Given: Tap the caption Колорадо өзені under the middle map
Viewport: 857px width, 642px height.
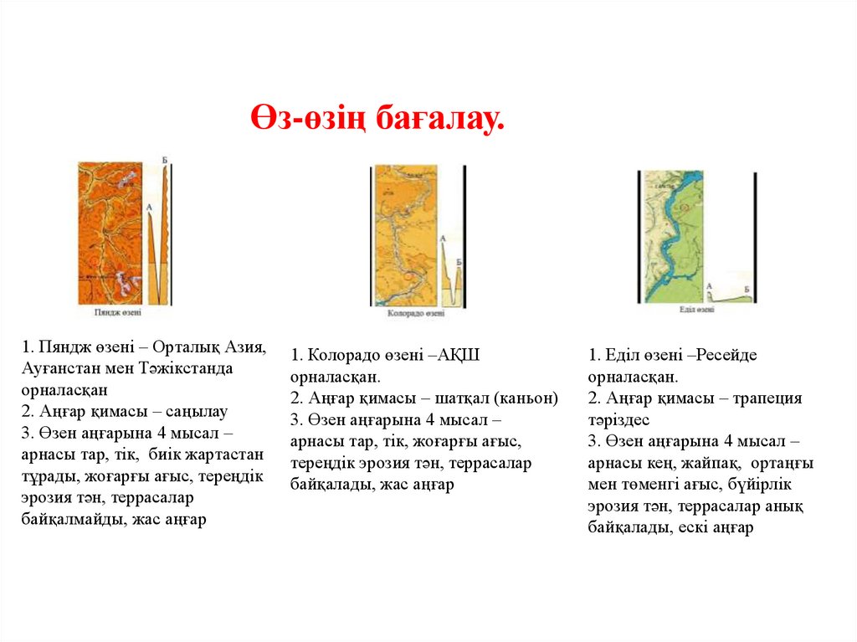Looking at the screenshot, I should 415,315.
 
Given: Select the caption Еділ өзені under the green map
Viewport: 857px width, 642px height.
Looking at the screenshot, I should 696,310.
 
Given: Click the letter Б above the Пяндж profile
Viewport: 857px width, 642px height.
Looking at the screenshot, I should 165,159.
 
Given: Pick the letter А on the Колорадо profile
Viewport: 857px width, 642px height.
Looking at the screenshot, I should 441,239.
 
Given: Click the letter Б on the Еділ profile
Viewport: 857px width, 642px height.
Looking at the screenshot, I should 747,289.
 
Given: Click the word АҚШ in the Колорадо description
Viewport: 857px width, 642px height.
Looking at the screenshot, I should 480,355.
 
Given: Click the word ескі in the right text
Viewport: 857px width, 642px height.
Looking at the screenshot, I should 690,528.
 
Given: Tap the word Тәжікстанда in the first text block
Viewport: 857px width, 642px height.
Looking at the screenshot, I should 193,369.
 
